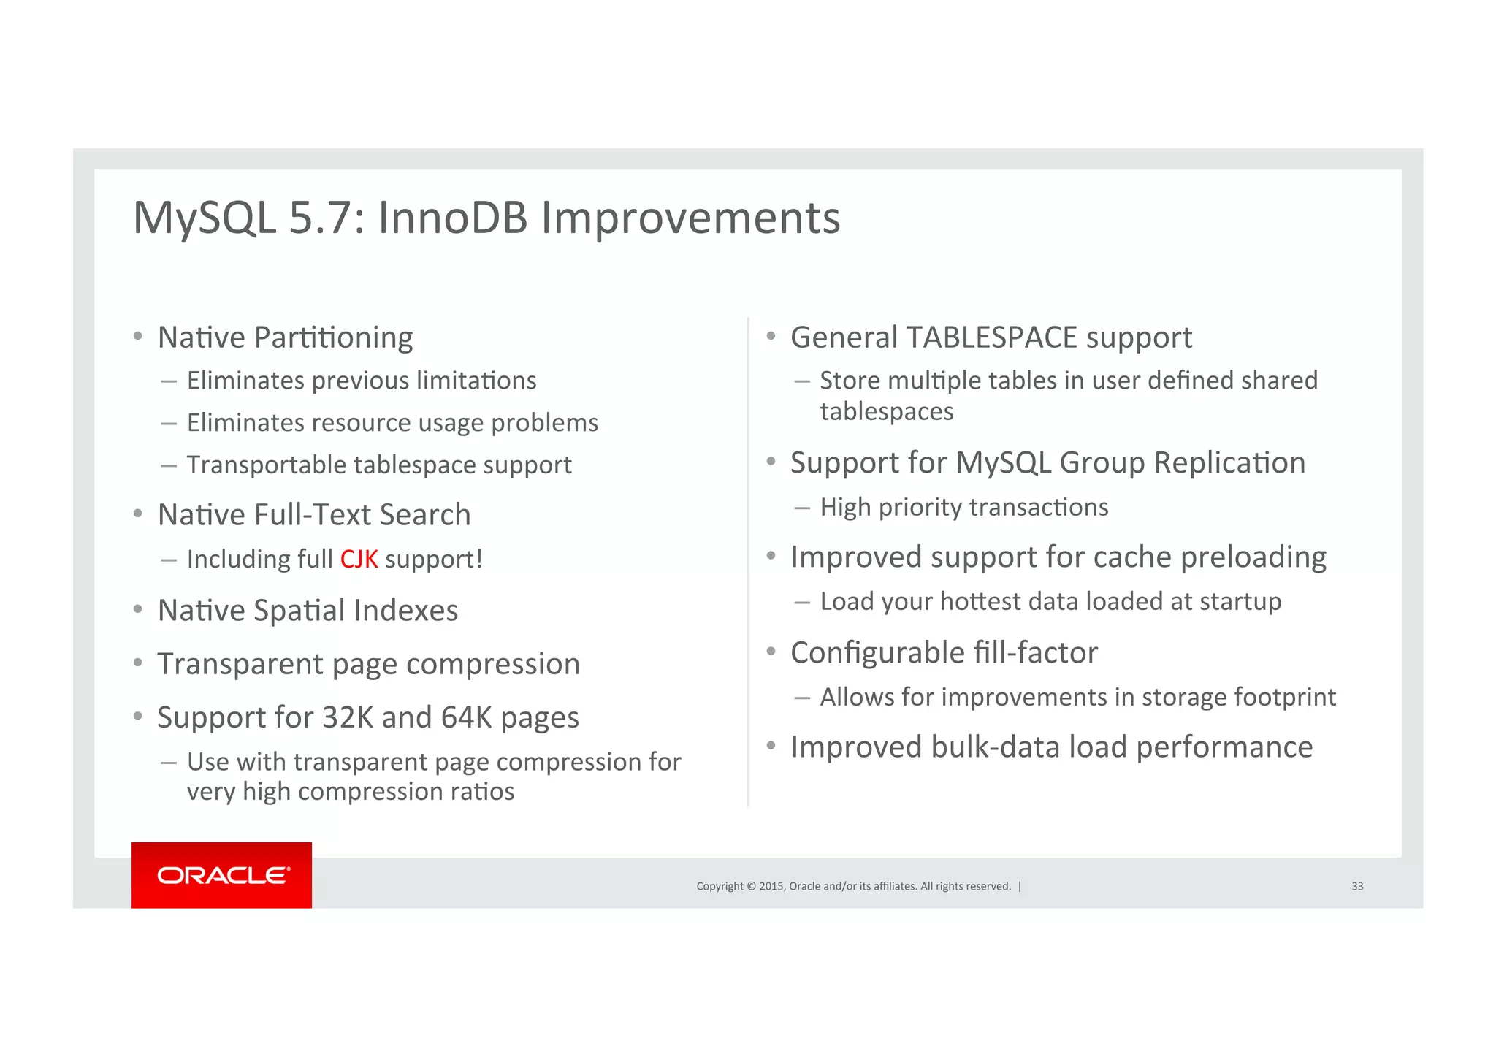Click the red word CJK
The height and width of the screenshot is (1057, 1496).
359,560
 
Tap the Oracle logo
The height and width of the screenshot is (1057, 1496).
222,875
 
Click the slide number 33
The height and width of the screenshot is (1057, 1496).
1356,886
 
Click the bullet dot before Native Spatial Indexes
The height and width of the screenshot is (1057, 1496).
137,609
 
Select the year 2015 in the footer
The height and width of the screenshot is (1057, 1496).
771,886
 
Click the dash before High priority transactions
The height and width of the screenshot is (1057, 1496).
802,508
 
